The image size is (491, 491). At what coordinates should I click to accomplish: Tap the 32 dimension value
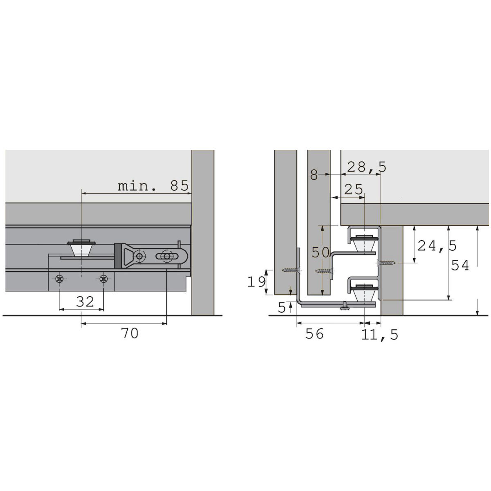85,302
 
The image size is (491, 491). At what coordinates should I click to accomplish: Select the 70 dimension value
130,333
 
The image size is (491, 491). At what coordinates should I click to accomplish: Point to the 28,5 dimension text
367,167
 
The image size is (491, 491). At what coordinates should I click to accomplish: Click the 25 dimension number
354,189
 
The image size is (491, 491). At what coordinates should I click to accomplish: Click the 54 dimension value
460,265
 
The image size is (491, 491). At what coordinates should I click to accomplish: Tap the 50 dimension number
321,252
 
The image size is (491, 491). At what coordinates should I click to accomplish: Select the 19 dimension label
256,282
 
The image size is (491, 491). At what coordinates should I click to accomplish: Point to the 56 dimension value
314,334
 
